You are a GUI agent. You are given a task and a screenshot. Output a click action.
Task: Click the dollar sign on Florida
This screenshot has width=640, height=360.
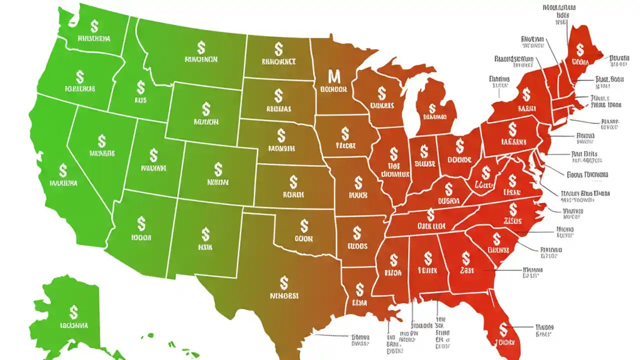point(503,329)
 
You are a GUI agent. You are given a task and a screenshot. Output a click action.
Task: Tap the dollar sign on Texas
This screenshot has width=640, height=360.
point(284,282)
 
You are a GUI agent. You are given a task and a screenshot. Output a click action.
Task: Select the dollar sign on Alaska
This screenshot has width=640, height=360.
point(73,312)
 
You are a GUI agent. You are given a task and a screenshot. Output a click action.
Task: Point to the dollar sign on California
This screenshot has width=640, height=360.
point(62,170)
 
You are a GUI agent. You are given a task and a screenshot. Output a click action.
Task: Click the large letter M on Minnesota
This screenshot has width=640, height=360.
point(333,76)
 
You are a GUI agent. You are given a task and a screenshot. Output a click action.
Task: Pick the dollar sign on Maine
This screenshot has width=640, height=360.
point(580,49)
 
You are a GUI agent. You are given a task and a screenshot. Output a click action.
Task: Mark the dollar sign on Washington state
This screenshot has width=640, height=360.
point(93,25)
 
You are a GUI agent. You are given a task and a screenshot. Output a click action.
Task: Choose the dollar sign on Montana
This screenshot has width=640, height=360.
point(201,47)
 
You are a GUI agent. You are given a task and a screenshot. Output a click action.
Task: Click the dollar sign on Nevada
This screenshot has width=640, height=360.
point(102,140)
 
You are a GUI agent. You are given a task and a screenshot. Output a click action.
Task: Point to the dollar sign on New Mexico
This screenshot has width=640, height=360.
point(205,234)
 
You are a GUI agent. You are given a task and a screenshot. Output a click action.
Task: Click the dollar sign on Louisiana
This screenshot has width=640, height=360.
point(359,289)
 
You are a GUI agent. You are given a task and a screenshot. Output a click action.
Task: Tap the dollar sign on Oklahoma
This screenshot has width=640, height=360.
point(303,225)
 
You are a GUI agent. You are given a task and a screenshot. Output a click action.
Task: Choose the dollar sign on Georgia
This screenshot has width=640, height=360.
point(466,257)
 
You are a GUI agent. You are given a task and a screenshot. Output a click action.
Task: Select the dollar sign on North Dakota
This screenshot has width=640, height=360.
point(278,49)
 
